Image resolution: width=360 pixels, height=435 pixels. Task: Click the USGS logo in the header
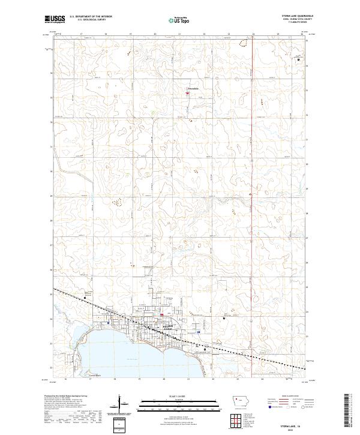pyautogui.click(x=55, y=19)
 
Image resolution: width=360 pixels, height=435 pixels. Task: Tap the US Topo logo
pyautogui.click(x=180, y=20)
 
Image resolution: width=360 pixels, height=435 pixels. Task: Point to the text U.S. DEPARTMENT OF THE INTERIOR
pyautogui.click(x=90, y=17)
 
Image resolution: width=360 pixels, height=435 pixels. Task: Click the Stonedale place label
pyautogui.click(x=193, y=89)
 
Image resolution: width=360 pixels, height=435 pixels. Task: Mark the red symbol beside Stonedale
pyautogui.click(x=187, y=92)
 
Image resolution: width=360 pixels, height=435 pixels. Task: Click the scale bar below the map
pyautogui.click(x=179, y=404)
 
